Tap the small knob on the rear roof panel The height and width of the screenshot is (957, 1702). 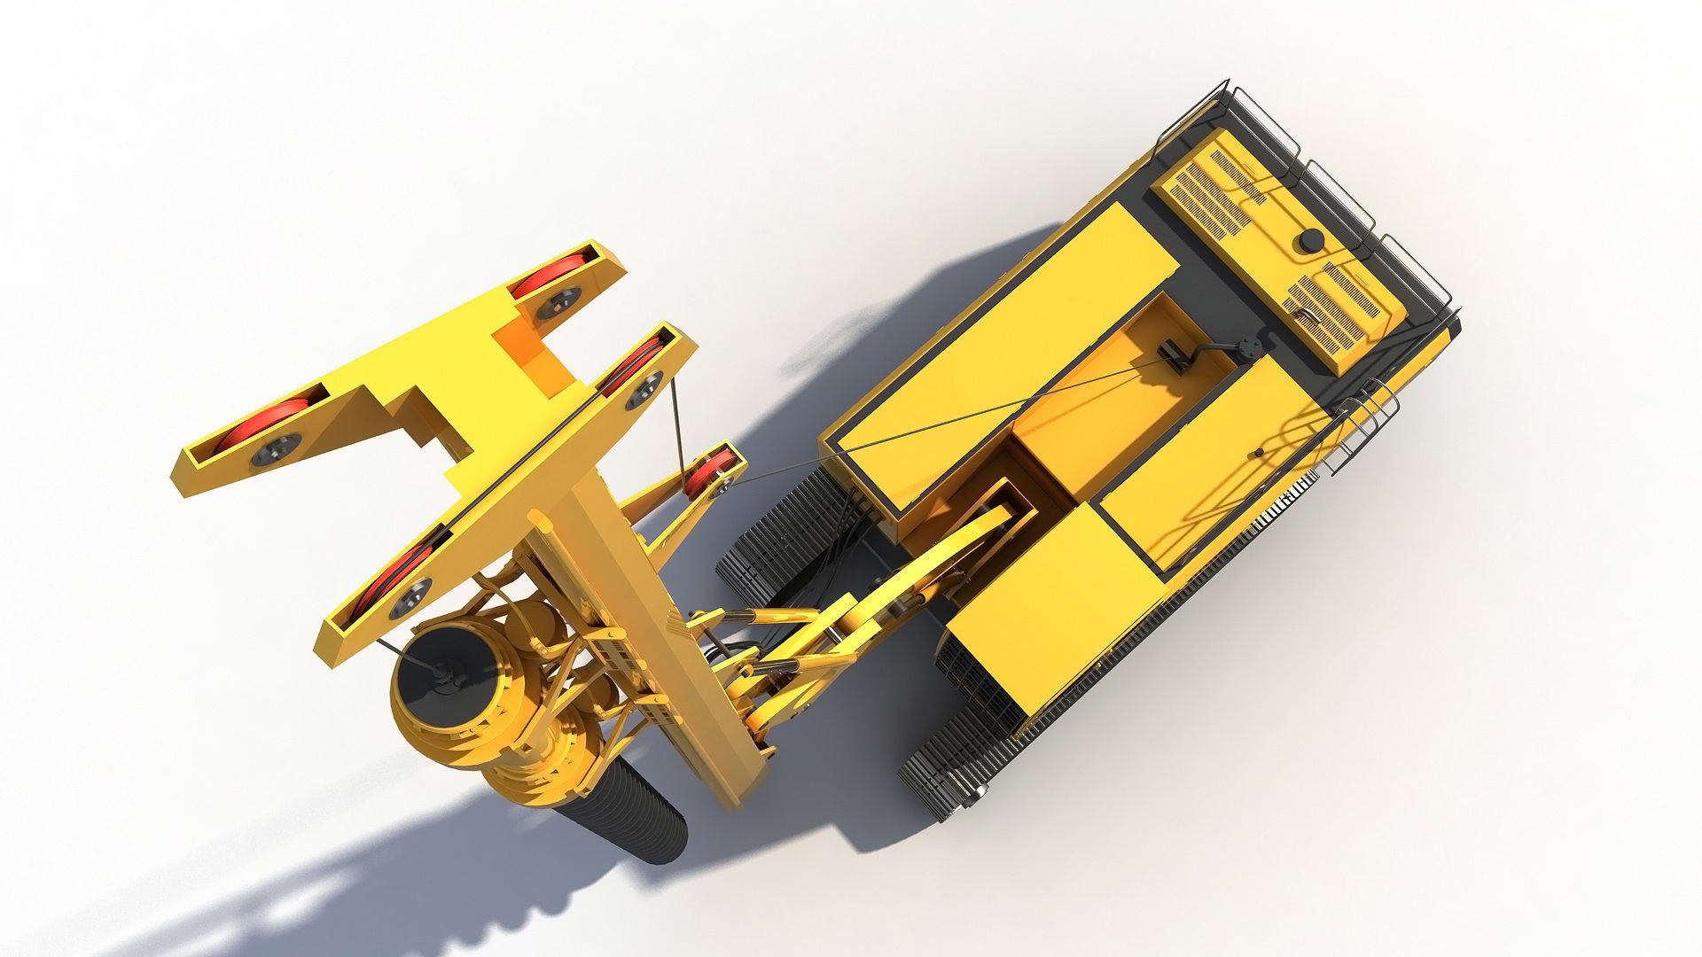pos(1257,454)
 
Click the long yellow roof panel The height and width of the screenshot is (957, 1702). pos(993,354)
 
